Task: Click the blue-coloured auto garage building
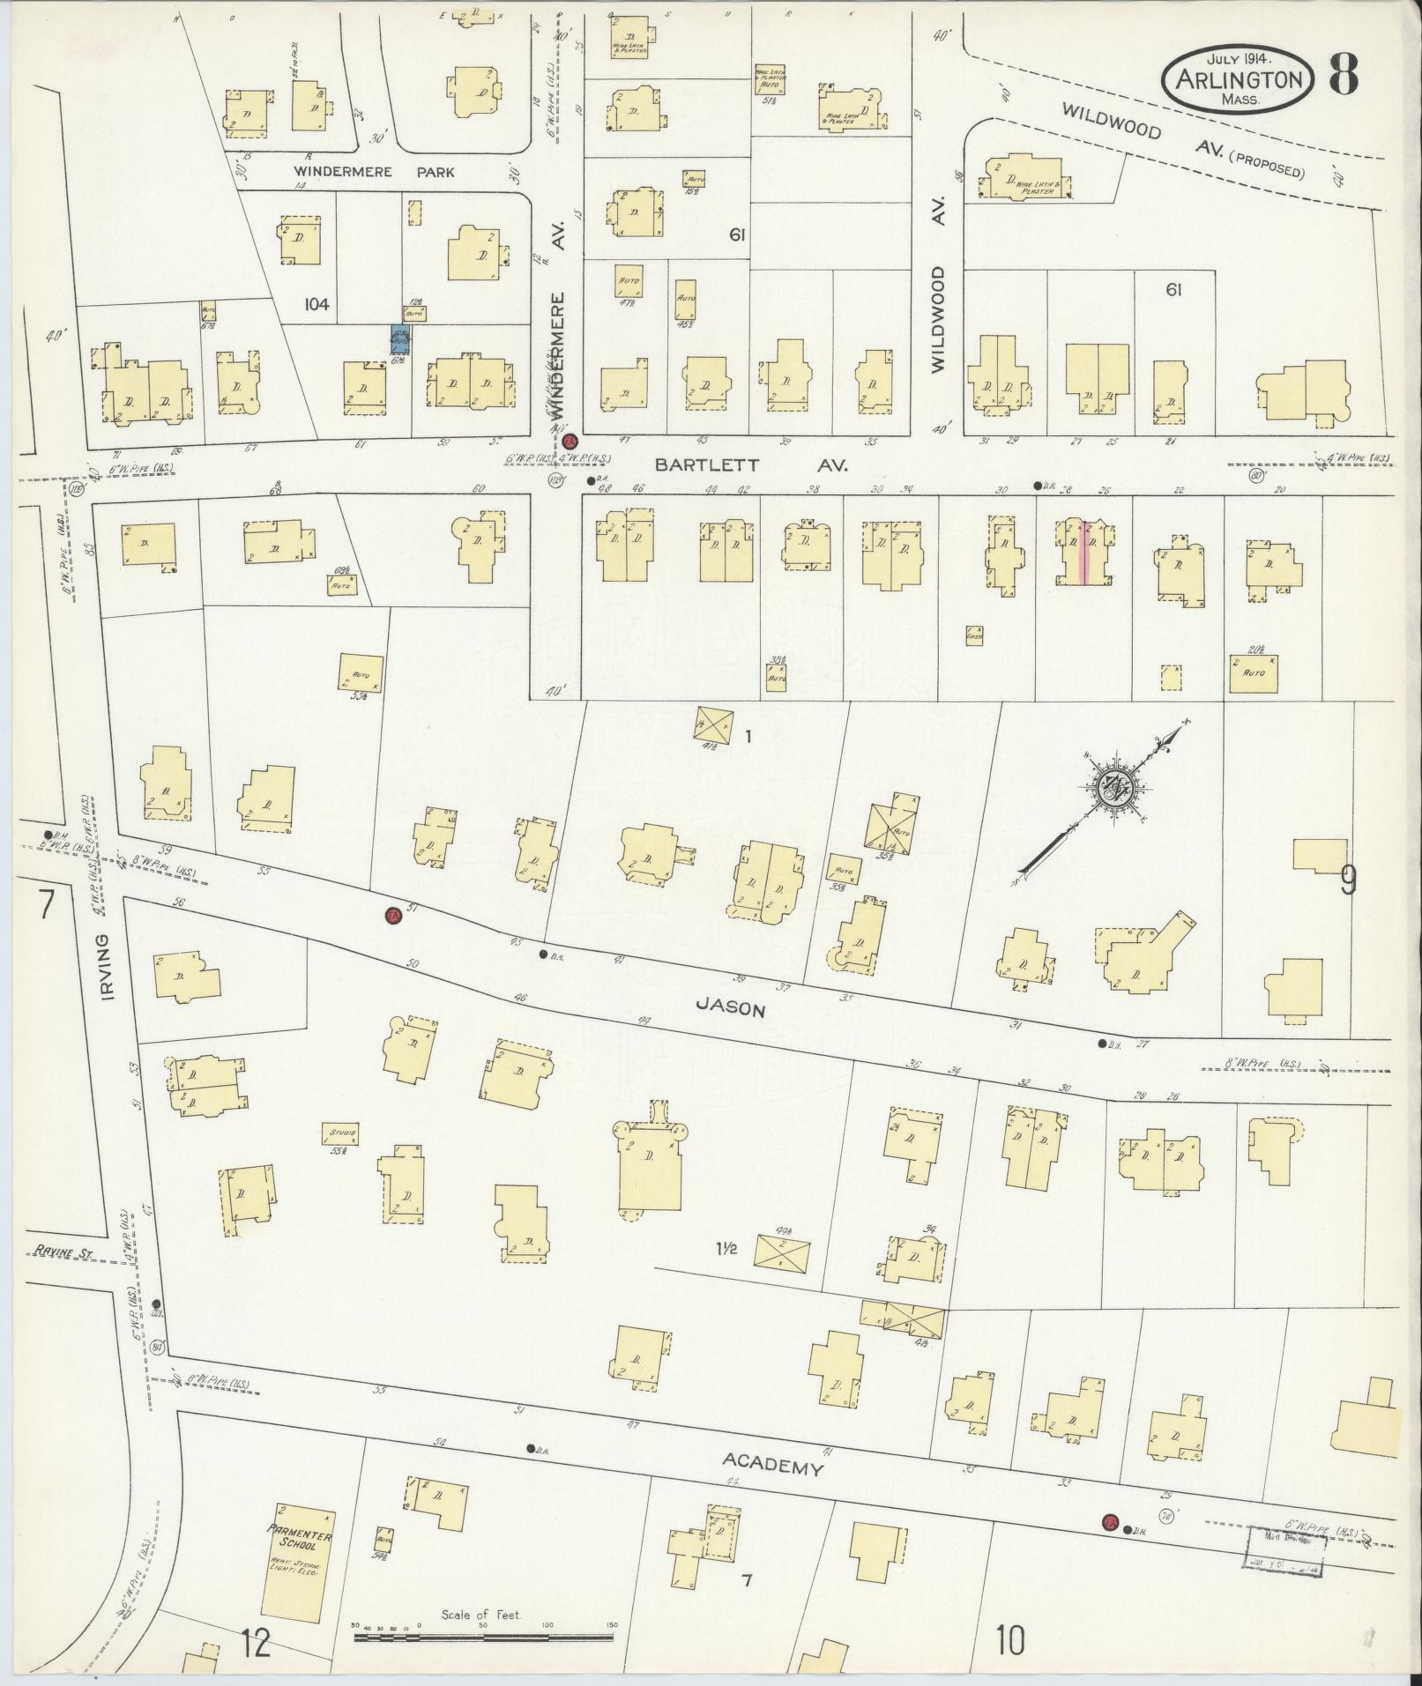(402, 340)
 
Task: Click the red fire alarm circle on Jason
(393, 917)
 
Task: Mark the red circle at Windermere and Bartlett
(569, 441)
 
